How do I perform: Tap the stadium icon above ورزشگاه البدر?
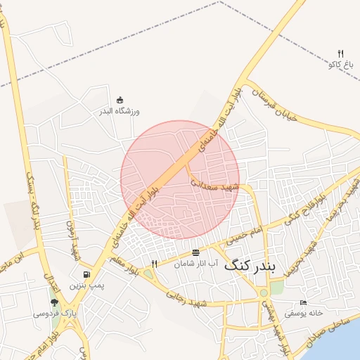pos(120,99)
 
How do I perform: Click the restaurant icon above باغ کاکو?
pos(341,53)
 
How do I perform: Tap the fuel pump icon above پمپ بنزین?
pos(86,274)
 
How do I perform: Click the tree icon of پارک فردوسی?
pos(54,303)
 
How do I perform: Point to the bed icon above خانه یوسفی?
pos(304,302)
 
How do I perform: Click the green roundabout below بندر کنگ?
pos(264,292)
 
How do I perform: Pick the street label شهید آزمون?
pos(70,239)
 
